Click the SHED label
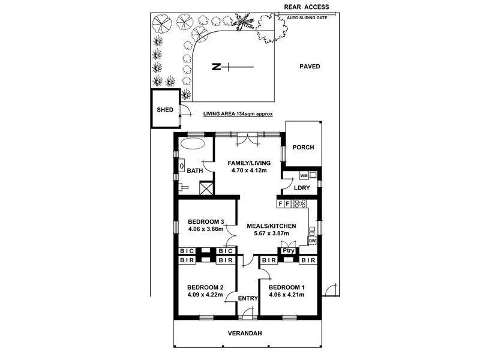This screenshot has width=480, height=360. pyautogui.click(x=165, y=110)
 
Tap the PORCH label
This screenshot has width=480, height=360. pyautogui.click(x=303, y=148)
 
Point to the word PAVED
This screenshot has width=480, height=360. pyautogui.click(x=310, y=67)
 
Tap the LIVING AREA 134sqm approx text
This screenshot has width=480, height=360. pyautogui.click(x=238, y=113)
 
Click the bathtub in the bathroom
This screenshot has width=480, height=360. pyautogui.click(x=192, y=145)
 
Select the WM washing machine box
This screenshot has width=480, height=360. pyautogui.click(x=304, y=175)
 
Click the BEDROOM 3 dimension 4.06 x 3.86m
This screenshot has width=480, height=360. pyautogui.click(x=205, y=229)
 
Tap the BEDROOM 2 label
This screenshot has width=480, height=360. pyautogui.click(x=205, y=286)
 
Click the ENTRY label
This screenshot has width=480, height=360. pyautogui.click(x=248, y=298)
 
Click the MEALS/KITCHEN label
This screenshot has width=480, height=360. pyautogui.click(x=271, y=226)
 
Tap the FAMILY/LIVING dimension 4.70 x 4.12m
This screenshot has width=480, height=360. pyautogui.click(x=248, y=170)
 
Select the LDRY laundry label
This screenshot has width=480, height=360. pyautogui.click(x=302, y=188)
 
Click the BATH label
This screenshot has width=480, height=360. pyautogui.click(x=195, y=170)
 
